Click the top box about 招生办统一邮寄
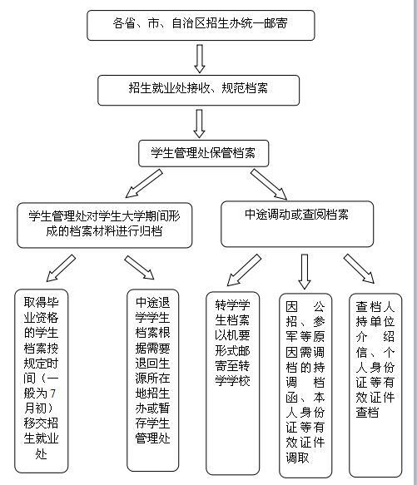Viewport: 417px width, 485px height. (x=201, y=25)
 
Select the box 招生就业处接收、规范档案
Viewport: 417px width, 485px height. (x=198, y=90)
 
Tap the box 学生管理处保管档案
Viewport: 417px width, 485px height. (x=203, y=153)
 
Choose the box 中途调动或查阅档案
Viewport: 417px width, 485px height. (x=297, y=224)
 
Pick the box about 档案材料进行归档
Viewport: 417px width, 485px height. (x=105, y=225)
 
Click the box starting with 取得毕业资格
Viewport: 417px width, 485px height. (x=41, y=381)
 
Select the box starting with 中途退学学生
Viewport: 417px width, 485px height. (x=153, y=380)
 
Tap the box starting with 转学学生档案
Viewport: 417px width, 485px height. (x=233, y=384)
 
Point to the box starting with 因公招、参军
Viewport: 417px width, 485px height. (x=305, y=385)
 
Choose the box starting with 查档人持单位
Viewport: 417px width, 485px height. (x=375, y=385)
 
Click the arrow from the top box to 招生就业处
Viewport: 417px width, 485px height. (x=200, y=59)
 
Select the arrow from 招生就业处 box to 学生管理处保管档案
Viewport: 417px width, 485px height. (x=200, y=124)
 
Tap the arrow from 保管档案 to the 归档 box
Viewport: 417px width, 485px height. (x=144, y=183)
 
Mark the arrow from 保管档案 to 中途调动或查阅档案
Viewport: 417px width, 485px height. (x=269, y=185)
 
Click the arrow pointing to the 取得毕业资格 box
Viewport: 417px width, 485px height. (x=61, y=268)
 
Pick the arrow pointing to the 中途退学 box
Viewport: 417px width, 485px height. (x=139, y=268)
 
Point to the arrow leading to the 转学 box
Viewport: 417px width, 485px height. (x=244, y=270)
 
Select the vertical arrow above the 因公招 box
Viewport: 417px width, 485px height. (x=305, y=271)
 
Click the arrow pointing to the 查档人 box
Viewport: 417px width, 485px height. (x=359, y=269)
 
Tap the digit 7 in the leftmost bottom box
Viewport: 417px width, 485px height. (x=52, y=393)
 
